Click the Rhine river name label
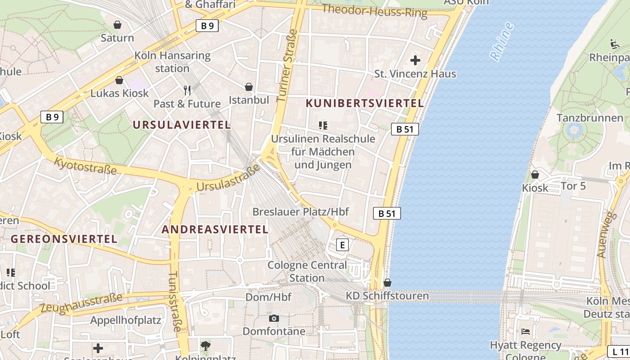(x=502, y=41)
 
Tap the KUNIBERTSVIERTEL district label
(x=364, y=103)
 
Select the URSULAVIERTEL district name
(x=182, y=125)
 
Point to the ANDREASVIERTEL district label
(x=215, y=229)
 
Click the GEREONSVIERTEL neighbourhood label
(x=64, y=238)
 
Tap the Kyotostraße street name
(x=85, y=165)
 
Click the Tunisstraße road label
(x=175, y=301)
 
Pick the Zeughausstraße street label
(x=81, y=303)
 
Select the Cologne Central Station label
(x=307, y=271)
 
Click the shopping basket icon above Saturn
(x=117, y=24)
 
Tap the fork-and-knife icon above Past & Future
(x=187, y=90)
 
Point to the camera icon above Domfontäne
(x=274, y=318)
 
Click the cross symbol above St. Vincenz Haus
(x=415, y=60)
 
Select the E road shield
(x=342, y=245)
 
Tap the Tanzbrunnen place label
(x=589, y=118)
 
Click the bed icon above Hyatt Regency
(x=525, y=332)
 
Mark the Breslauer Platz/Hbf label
(x=301, y=211)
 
